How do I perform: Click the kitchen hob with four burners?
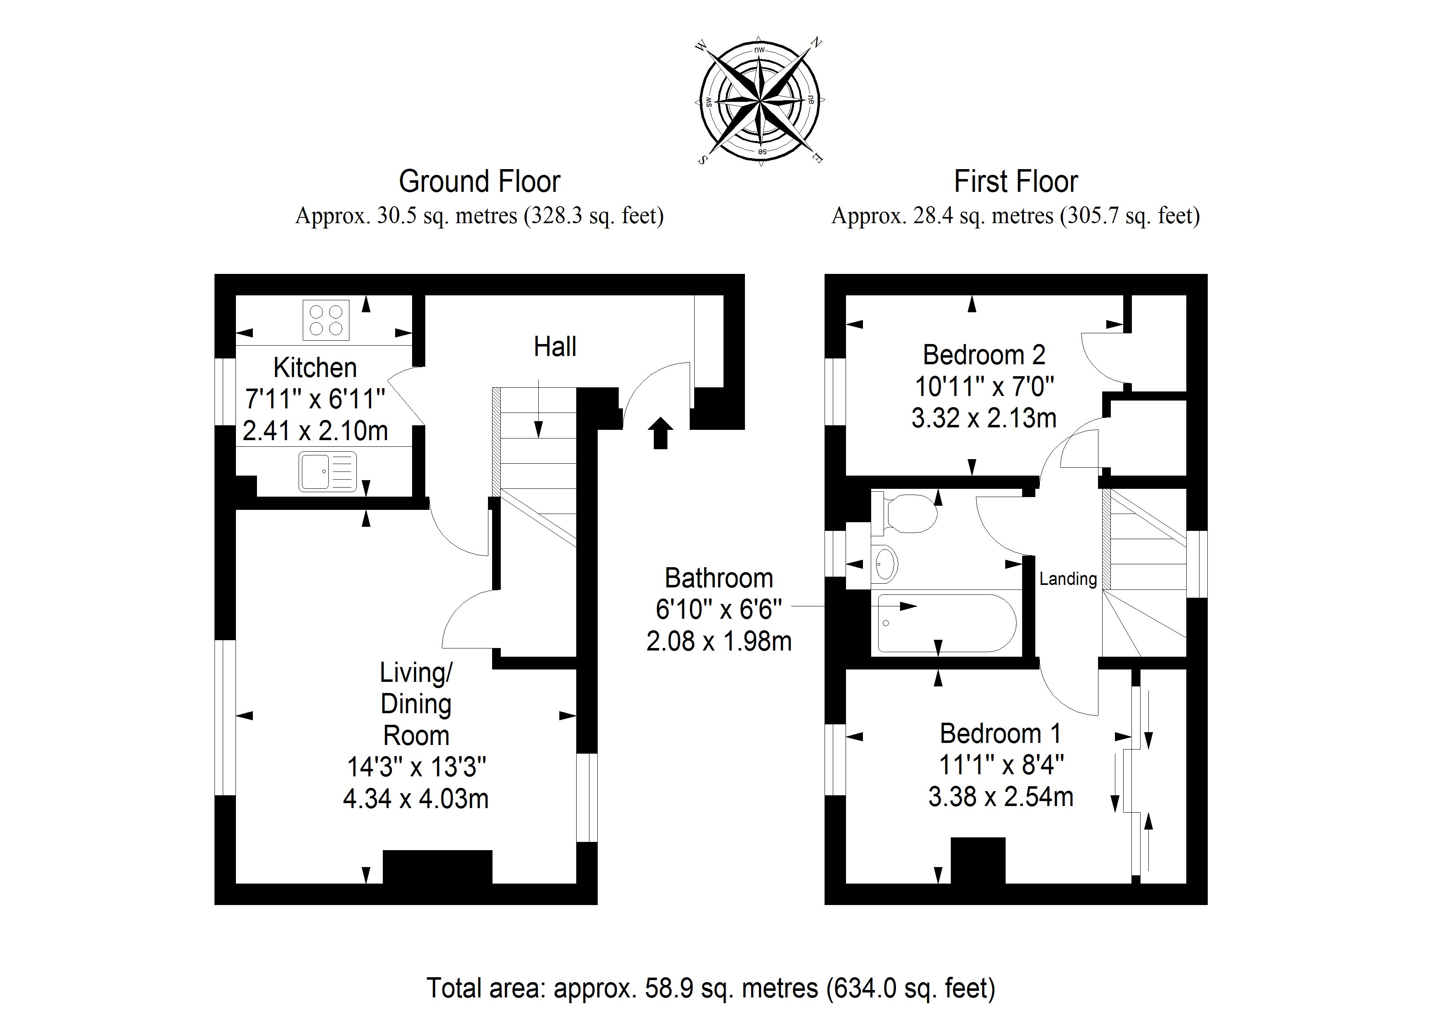click(326, 320)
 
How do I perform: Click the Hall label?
click(555, 346)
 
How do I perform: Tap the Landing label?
click(1068, 579)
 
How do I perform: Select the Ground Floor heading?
click(480, 181)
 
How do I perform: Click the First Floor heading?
click(1016, 181)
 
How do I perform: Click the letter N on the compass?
click(816, 43)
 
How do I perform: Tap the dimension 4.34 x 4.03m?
click(416, 799)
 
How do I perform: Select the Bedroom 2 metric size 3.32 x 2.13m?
click(984, 418)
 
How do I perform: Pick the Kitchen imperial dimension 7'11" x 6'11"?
click(315, 399)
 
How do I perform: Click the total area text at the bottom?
click(711, 988)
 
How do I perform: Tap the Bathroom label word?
click(719, 578)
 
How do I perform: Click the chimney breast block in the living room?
click(437, 867)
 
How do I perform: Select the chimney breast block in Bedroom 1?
click(978, 861)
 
